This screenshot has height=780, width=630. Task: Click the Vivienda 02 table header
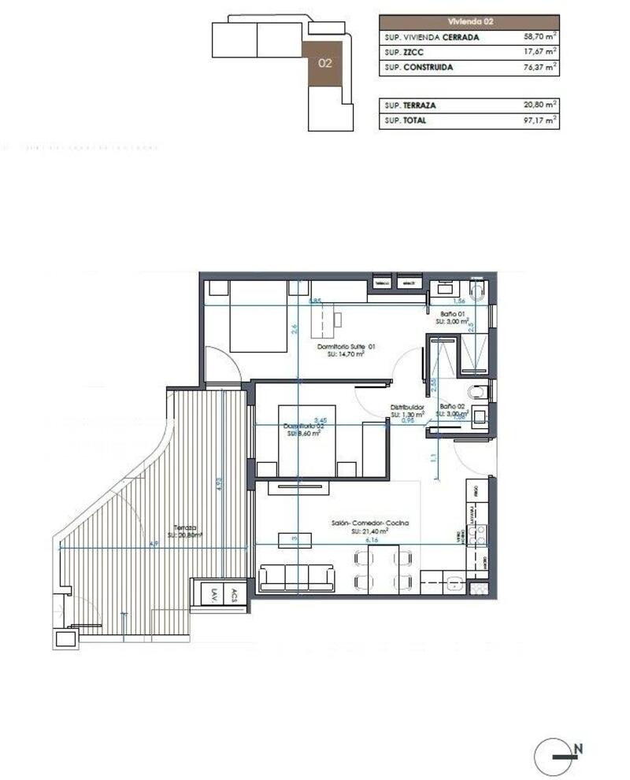coord(469,22)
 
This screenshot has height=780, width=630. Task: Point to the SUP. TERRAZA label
coord(410,105)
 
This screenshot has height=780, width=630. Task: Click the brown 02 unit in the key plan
coord(324,62)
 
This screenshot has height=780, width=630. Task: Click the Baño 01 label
coord(453,314)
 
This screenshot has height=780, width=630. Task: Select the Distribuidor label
coord(407,408)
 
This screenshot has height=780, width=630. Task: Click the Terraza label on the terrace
coord(187,528)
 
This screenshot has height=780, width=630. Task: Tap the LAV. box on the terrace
coord(213,596)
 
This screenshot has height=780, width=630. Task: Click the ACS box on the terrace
coord(234,596)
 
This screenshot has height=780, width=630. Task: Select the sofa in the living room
coord(296,579)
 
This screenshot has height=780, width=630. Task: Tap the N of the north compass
coord(579,749)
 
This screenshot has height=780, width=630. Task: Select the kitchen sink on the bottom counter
coord(454,583)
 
